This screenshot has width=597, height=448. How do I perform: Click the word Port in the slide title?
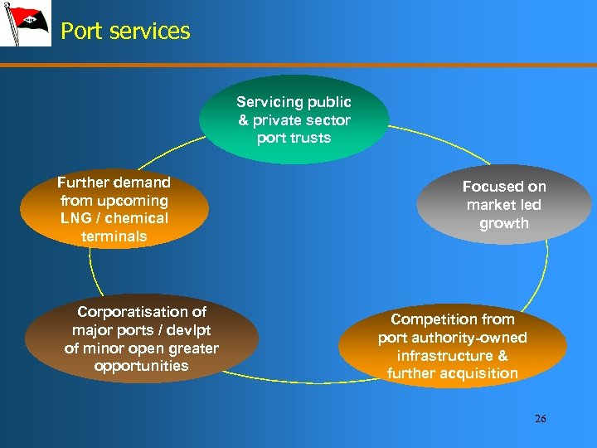click(x=81, y=32)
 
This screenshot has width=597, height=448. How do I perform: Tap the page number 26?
click(x=540, y=419)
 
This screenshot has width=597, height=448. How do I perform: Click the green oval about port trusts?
click(x=294, y=119)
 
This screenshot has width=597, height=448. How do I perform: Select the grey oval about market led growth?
click(x=504, y=205)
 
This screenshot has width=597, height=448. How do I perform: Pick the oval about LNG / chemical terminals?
click(x=113, y=209)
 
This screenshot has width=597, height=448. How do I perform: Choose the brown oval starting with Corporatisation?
click(x=142, y=338)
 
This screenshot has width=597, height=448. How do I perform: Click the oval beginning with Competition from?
click(x=453, y=346)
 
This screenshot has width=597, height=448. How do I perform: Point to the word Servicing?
click(x=270, y=102)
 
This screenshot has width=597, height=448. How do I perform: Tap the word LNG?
click(x=75, y=218)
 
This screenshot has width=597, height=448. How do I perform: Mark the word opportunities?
click(x=142, y=366)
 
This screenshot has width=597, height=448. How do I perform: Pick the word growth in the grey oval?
click(x=504, y=223)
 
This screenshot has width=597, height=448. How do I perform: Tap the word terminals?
click(x=114, y=236)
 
